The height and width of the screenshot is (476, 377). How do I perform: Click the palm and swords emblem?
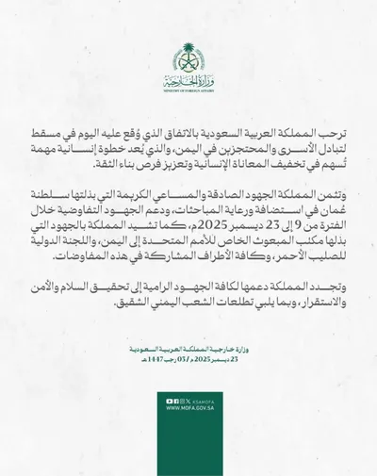pos(188,56)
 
